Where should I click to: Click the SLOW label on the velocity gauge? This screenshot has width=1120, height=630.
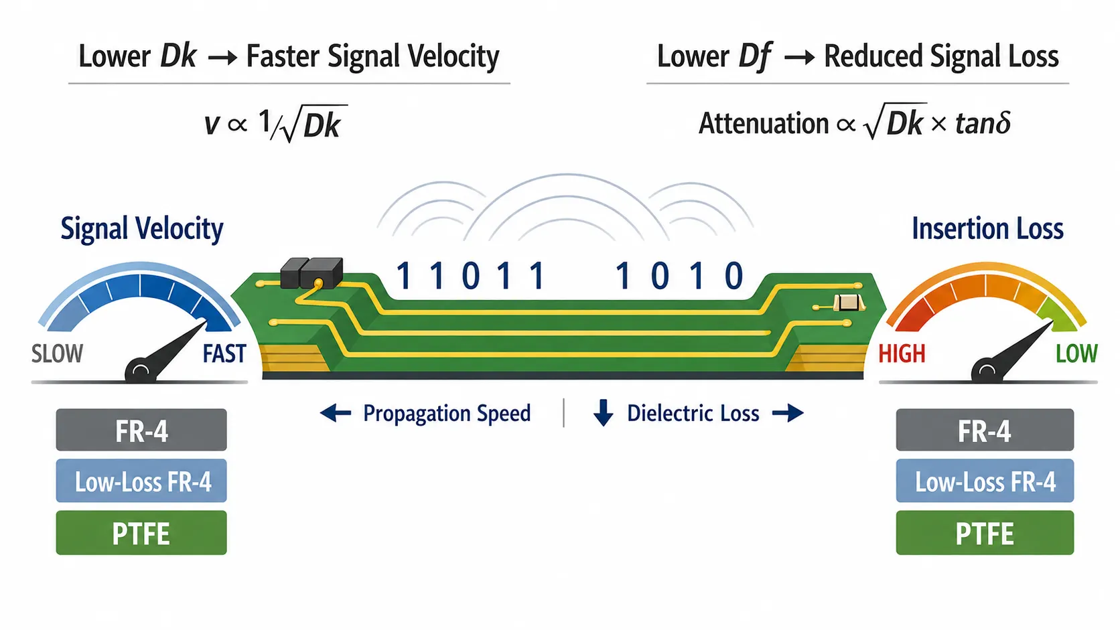(x=57, y=353)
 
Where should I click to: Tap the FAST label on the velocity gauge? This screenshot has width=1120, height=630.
(x=224, y=353)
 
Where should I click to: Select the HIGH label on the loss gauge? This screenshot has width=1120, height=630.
(x=902, y=353)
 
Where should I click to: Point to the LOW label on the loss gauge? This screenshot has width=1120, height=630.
(x=1076, y=353)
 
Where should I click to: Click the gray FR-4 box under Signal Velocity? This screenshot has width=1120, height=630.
(x=141, y=430)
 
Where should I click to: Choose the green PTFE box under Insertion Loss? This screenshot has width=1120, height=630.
(x=985, y=532)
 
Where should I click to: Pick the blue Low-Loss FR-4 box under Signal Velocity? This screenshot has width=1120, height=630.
(x=141, y=481)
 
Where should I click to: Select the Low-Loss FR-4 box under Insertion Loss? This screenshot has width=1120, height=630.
(x=985, y=481)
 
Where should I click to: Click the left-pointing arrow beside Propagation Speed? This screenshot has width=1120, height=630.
(x=336, y=413)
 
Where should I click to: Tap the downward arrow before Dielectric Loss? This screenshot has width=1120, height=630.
(x=604, y=412)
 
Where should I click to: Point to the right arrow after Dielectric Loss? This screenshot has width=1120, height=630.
(x=788, y=413)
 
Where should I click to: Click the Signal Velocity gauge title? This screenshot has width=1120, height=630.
(x=142, y=229)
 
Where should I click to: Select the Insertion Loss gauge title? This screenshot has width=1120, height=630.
(x=987, y=229)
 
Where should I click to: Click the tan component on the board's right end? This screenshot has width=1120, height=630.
(x=847, y=302)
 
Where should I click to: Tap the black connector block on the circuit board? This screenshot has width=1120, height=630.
(x=311, y=272)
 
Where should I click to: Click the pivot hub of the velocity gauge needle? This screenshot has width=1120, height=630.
(x=140, y=371)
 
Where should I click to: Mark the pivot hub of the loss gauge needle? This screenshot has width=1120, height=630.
(x=987, y=371)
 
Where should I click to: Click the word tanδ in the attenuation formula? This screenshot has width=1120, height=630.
(x=983, y=123)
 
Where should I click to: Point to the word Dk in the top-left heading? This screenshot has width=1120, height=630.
(x=178, y=56)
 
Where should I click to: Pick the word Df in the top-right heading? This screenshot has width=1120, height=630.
(x=755, y=57)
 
